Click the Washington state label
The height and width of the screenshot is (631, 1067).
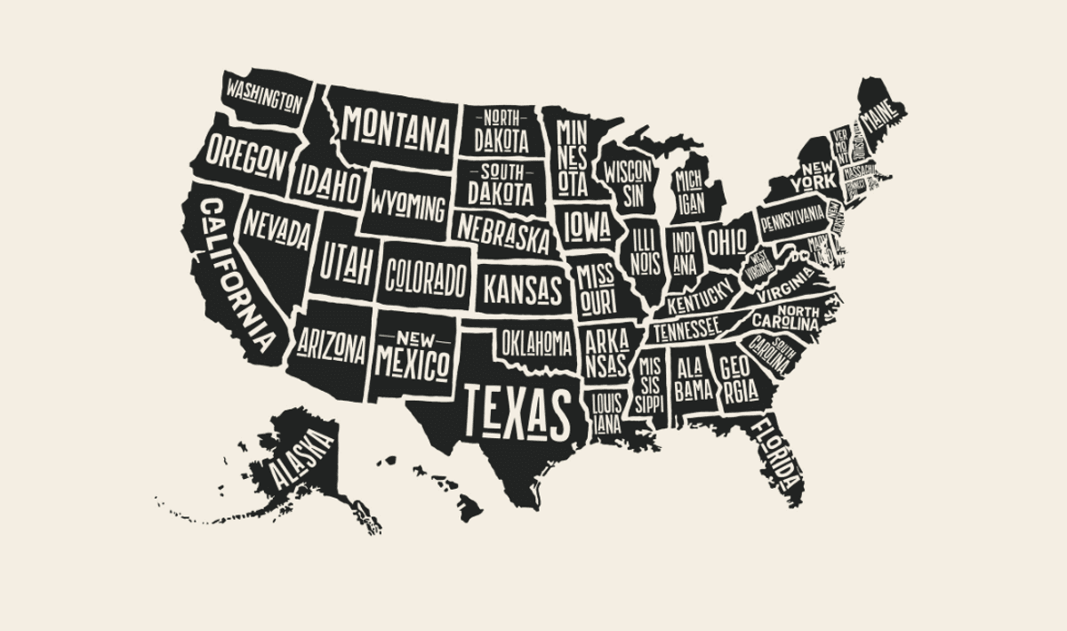point(264,94)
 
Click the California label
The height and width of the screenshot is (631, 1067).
point(237,276)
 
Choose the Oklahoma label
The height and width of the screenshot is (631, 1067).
point(536,342)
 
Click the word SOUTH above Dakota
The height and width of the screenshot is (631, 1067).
point(501,172)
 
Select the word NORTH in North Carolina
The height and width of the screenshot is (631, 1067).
point(799,311)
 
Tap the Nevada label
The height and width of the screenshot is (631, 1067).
point(277,230)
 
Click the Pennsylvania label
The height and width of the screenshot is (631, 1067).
point(791,218)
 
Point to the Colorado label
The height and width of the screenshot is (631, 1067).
point(425,278)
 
